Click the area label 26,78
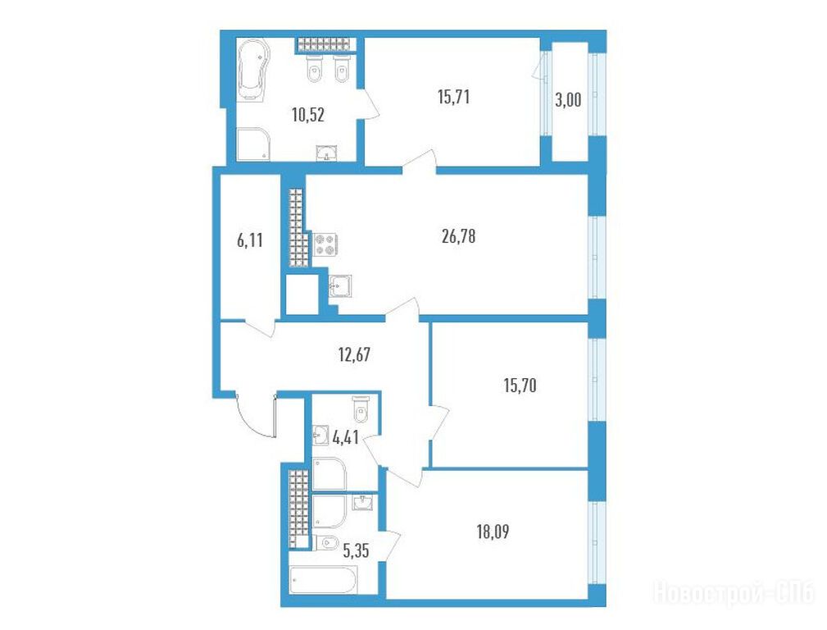458,236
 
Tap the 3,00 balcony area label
568,99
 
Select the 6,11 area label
249,241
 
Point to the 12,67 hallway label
354,354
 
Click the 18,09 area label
493,532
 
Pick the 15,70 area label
520,386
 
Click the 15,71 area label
453,97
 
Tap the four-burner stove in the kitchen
325,244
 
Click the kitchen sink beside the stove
339,286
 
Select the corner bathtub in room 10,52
253,70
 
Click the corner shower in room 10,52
253,143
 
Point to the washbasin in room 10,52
326,153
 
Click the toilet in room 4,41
361,409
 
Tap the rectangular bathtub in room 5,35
323,580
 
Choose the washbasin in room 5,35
363,502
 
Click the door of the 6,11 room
259,328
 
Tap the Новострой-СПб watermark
734,592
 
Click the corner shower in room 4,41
329,473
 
